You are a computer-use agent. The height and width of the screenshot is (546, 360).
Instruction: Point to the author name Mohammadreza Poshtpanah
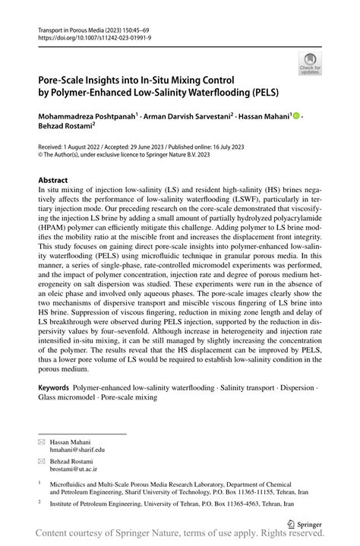pyautogui.click(x=89, y=115)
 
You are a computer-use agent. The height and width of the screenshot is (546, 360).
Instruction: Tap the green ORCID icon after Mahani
pyautogui.click(x=296, y=115)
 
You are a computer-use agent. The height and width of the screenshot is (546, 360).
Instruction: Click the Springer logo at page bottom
pyautogui.click(x=304, y=523)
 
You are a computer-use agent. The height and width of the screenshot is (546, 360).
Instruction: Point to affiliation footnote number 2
pyautogui.click(x=39, y=502)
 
